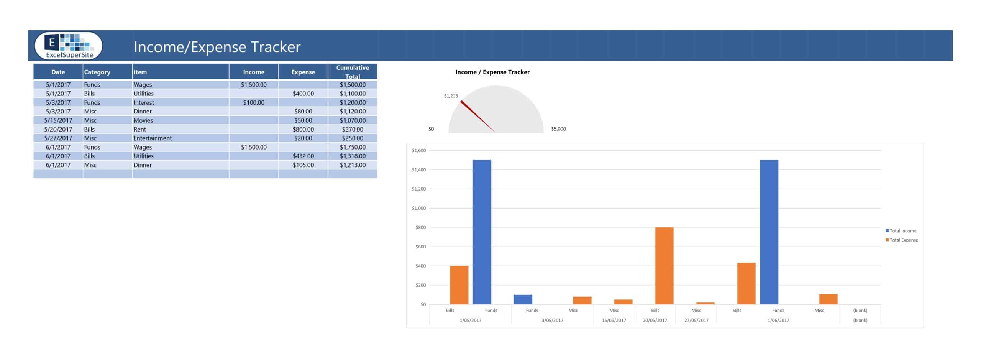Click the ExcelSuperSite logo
click(69, 46)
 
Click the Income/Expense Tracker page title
click(217, 47)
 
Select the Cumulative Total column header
click(352, 72)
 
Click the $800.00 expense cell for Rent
click(303, 129)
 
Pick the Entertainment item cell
click(153, 138)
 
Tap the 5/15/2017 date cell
click(58, 120)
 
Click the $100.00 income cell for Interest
click(253, 102)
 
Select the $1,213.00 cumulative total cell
click(352, 165)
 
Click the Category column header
click(97, 72)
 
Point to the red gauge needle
click(477, 116)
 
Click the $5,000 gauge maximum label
click(558, 129)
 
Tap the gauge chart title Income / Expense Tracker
click(492, 72)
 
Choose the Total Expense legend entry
click(903, 240)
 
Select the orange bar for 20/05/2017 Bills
click(664, 266)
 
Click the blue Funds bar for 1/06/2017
click(769, 232)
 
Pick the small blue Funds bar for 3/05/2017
click(523, 299)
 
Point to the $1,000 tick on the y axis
click(418, 208)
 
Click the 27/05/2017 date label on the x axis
click(696, 320)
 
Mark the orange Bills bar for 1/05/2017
click(459, 285)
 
